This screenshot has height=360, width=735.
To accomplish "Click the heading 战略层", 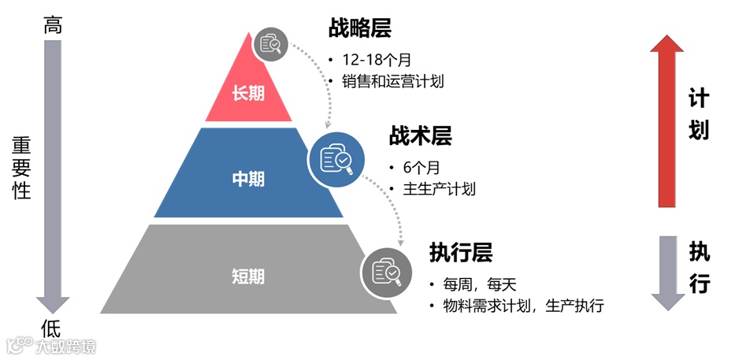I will click(359, 29).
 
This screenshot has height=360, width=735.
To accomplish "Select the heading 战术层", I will click(420, 136).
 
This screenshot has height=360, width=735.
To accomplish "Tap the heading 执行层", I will click(461, 253).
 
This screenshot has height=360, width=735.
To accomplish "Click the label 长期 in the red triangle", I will click(248, 93).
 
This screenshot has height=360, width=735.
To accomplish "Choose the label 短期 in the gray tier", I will click(248, 276).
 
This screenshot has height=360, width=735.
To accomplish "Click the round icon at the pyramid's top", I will click(271, 43).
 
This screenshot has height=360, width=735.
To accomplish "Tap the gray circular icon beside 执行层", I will click(386, 271).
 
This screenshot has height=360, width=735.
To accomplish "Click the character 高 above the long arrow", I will click(53, 25).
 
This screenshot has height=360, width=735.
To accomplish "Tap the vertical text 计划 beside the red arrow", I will click(699, 115).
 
